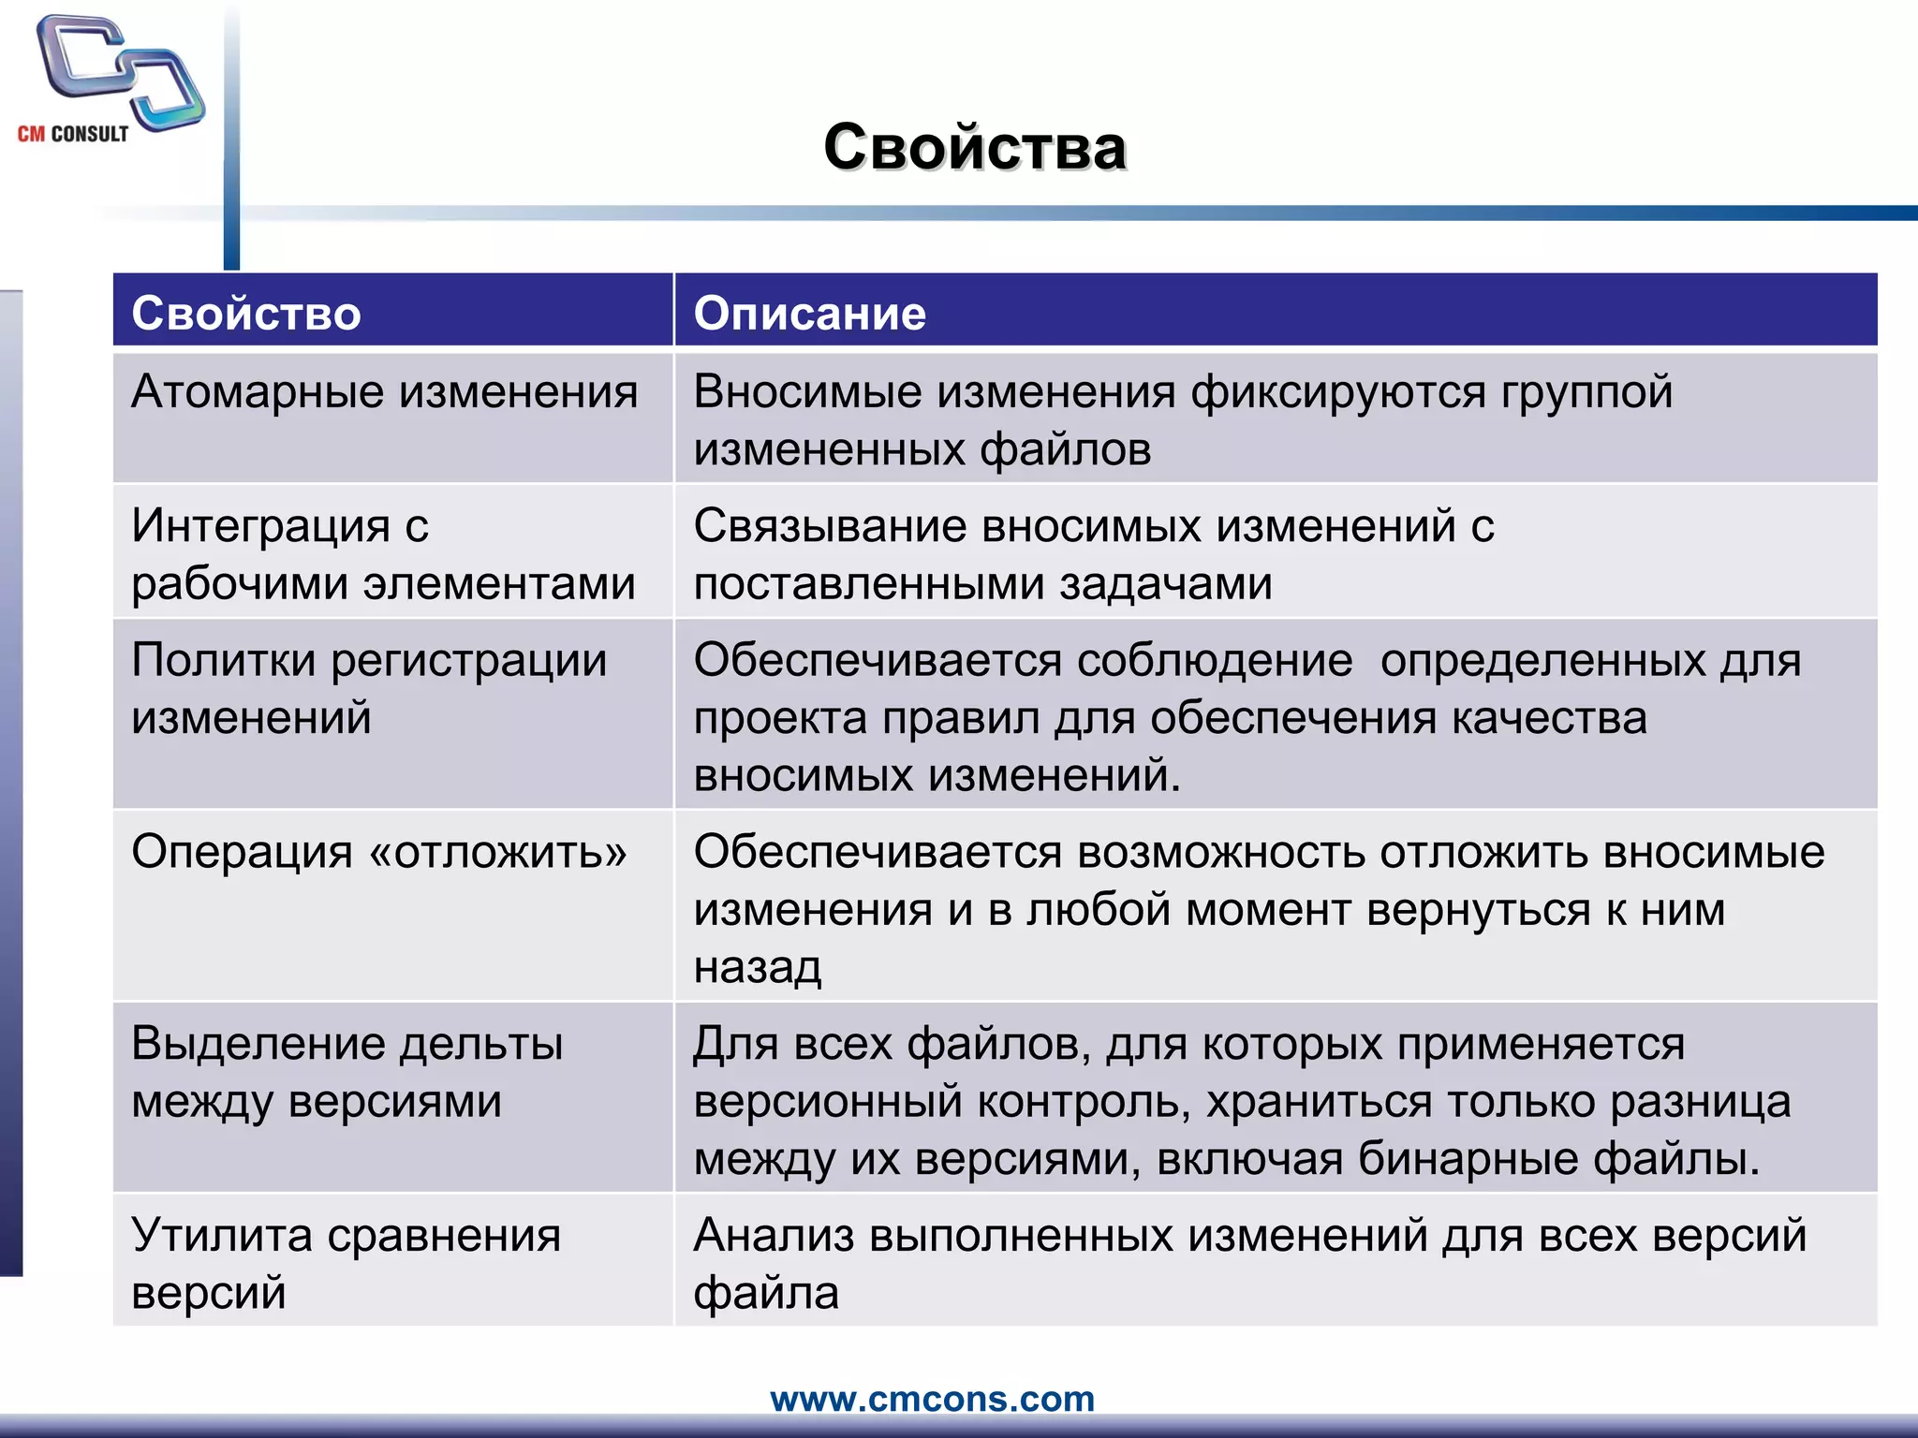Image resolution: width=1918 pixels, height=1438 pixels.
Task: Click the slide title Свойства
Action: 974,148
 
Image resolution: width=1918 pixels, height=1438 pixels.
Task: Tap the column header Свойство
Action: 246,313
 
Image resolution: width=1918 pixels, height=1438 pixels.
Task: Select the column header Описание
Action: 810,313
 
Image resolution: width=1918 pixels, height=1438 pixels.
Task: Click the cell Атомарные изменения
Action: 384,391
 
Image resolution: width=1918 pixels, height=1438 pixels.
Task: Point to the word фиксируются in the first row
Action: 1338,391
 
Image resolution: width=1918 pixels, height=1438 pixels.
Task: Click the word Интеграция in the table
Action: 260,525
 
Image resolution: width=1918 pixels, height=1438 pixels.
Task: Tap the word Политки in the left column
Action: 223,660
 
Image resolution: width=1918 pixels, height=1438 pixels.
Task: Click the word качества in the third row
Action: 1549,718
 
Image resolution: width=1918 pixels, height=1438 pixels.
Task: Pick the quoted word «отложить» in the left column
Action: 498,852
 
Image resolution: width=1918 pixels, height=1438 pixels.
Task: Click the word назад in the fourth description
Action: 758,967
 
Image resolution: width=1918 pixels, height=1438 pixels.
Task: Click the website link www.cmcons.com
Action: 932,1399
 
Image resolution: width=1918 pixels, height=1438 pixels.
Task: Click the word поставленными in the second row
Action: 869,584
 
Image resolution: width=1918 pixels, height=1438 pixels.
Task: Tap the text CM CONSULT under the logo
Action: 73,134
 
